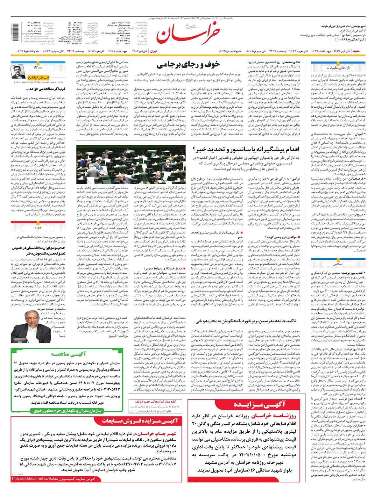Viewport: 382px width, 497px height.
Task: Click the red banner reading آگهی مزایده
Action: [259, 405]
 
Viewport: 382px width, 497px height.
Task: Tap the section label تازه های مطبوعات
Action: [337, 68]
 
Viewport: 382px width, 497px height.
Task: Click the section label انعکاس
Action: [338, 264]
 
